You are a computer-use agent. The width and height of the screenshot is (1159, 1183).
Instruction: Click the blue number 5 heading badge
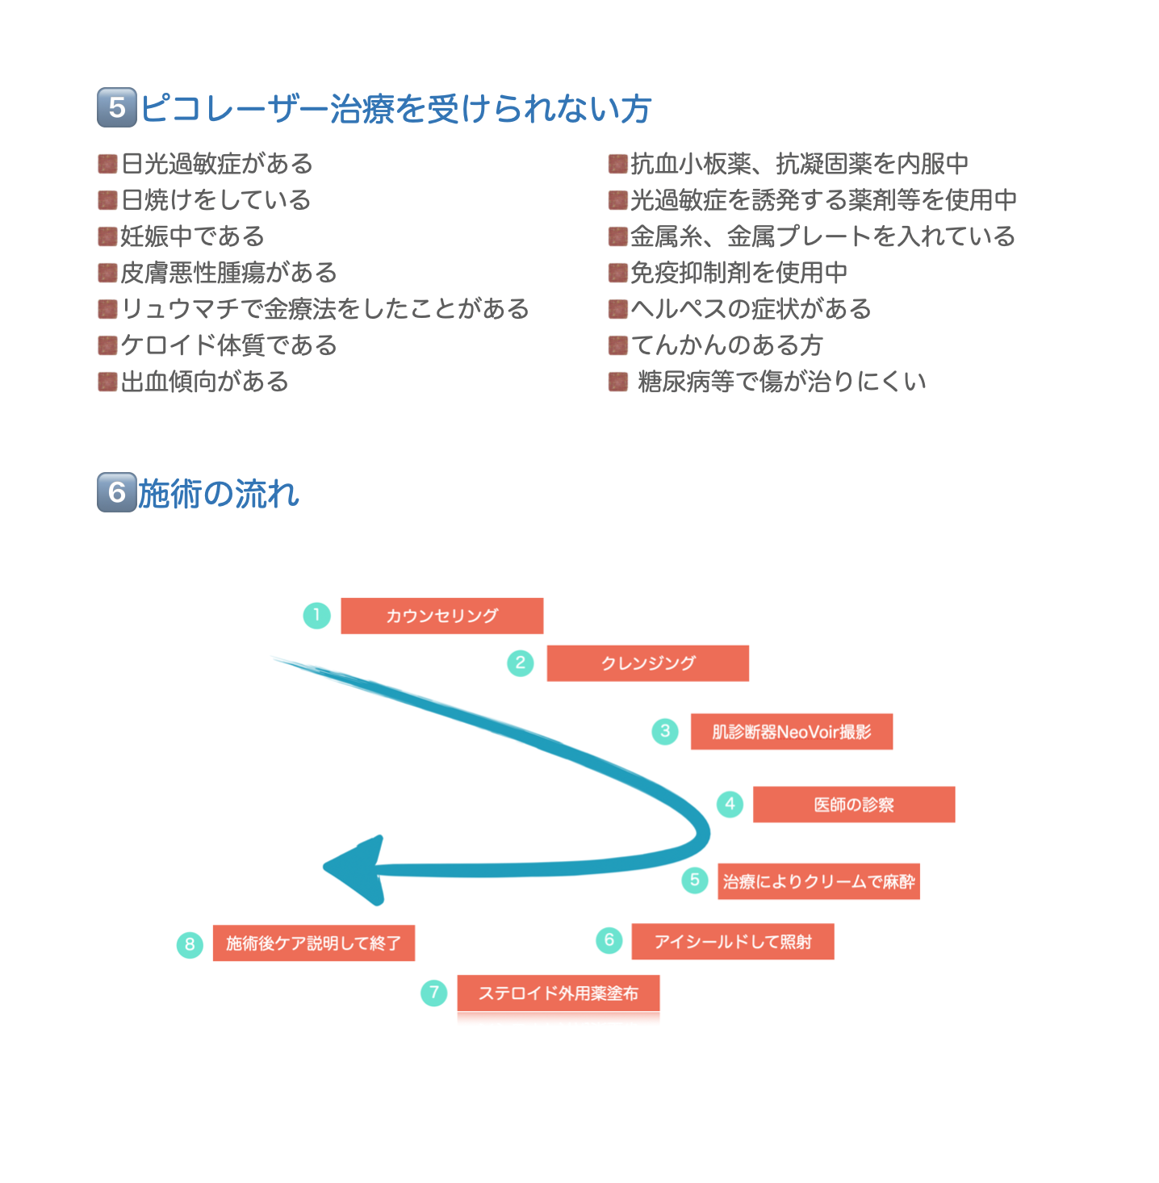coord(117,107)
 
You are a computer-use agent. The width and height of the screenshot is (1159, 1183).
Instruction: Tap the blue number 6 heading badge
coord(117,491)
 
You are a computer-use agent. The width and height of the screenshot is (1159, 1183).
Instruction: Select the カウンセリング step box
coord(441,616)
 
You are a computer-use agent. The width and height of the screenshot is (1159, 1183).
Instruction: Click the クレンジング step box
coord(647,663)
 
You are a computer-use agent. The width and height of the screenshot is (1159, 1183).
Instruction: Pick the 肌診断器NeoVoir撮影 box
coord(791,731)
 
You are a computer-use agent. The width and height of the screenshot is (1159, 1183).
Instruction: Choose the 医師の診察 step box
coord(854,805)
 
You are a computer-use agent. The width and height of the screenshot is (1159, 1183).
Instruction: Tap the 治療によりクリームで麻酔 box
coord(818,881)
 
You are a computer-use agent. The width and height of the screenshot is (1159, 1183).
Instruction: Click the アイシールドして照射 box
coord(733,941)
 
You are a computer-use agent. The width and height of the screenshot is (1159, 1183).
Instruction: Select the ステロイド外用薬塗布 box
coord(559,993)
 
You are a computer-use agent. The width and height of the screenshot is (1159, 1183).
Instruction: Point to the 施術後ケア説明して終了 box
coord(314,943)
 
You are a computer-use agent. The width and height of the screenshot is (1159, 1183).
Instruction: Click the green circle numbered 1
coord(317,615)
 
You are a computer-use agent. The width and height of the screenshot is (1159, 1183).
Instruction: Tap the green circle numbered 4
coord(730,804)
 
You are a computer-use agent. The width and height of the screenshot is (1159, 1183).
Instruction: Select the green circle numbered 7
coord(433,992)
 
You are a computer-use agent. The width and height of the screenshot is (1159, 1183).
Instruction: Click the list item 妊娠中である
coord(192,236)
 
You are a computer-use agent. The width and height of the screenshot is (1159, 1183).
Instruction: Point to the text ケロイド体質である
coord(228,345)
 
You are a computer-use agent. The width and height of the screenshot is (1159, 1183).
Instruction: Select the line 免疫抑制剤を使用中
coord(738,273)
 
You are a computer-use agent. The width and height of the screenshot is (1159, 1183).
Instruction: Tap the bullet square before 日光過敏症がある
coord(107,164)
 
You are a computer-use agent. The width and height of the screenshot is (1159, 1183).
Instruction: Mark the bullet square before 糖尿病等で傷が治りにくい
coord(618,382)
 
